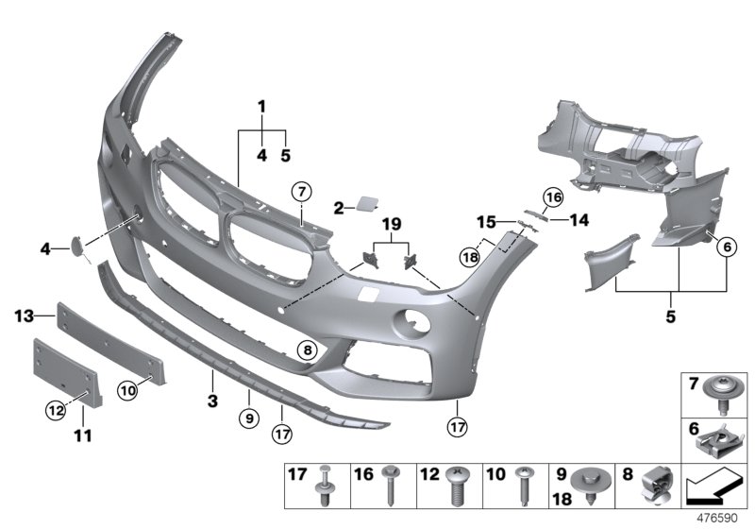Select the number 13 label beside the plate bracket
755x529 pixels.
click(25, 314)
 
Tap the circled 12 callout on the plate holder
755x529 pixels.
click(58, 409)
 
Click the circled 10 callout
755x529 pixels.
click(127, 388)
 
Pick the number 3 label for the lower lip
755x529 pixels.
click(213, 401)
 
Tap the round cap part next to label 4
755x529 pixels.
click(73, 247)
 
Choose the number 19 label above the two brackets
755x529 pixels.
click(392, 224)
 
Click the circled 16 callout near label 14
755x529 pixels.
click(553, 196)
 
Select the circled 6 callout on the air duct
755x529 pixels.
click(727, 247)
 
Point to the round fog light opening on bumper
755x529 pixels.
click(411, 322)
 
